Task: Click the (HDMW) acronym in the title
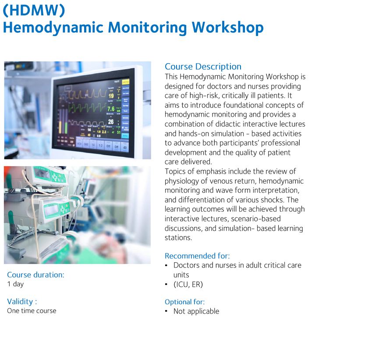34,10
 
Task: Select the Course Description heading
203,67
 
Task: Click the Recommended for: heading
197,256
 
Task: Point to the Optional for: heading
184,302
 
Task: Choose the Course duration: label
35,275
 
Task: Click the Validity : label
22,302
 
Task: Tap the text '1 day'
15,284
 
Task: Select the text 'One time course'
32,311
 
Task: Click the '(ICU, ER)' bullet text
188,285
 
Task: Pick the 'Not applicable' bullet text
196,311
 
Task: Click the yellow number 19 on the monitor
111,96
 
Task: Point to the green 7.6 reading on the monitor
111,109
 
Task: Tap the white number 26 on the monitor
111,121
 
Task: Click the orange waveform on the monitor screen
87,93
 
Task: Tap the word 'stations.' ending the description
178,238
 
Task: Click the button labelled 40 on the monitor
125,147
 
